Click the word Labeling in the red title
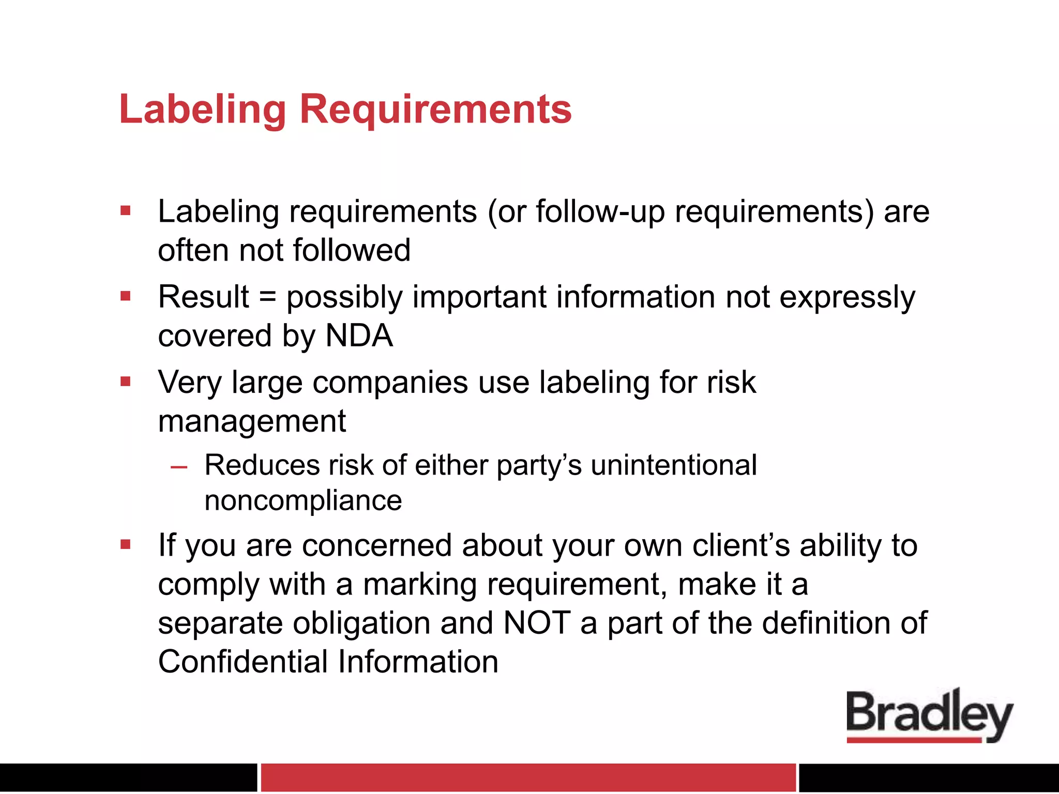(202, 110)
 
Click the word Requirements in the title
(435, 110)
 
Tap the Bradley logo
(929, 716)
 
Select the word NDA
(359, 336)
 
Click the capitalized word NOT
(537, 622)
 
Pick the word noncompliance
(303, 500)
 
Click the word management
(252, 421)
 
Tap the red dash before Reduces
(179, 467)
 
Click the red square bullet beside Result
(125, 296)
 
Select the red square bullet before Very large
(125, 381)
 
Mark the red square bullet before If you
(125, 544)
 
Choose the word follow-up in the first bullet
(600, 212)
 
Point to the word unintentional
(674, 465)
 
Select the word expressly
(847, 298)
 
